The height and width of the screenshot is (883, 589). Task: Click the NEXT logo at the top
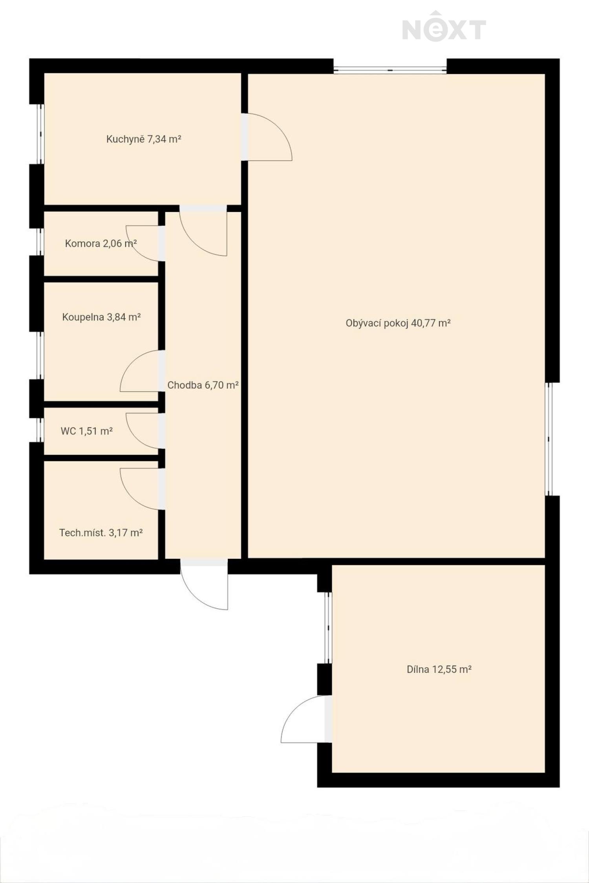[x=444, y=27]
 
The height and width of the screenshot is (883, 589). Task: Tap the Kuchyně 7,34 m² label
[x=144, y=139]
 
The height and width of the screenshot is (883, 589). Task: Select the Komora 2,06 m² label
[x=101, y=243]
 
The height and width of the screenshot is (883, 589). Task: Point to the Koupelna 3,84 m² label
[x=102, y=317]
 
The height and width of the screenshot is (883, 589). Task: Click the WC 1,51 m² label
[x=87, y=431]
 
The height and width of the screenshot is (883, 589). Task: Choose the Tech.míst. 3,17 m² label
[x=101, y=533]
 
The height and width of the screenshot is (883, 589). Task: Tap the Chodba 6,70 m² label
[x=203, y=385]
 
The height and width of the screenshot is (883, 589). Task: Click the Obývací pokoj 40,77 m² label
[x=398, y=323]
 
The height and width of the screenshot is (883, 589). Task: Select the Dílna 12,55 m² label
[x=439, y=669]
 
